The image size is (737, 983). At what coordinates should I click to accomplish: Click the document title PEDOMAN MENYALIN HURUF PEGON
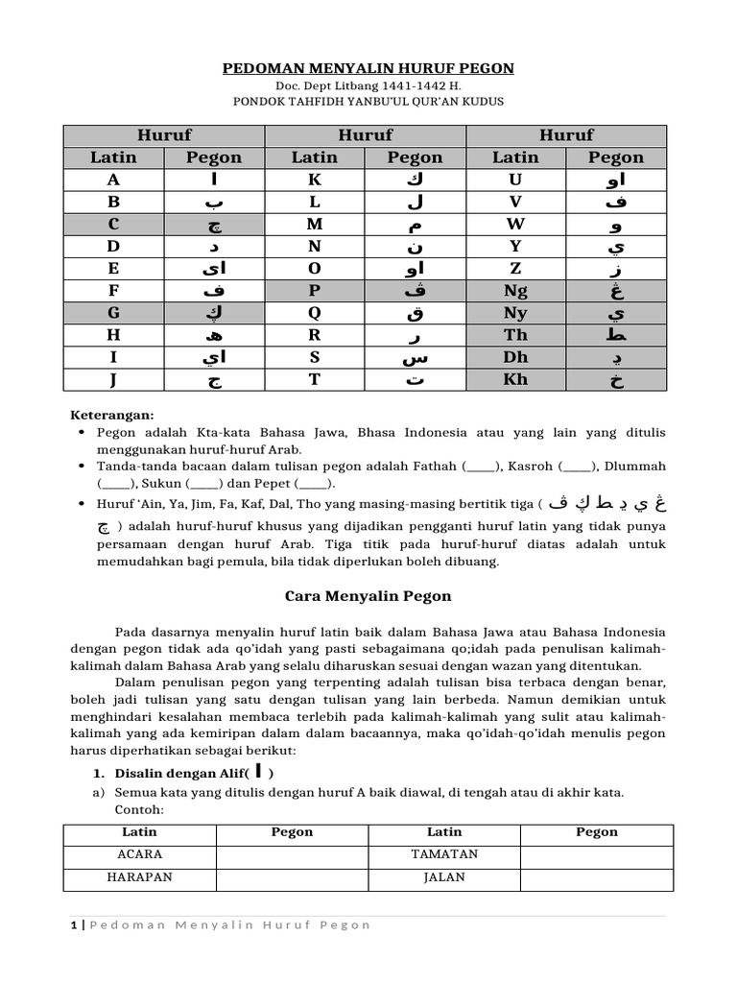tap(368, 68)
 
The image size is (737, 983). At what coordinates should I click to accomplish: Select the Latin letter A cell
tap(114, 180)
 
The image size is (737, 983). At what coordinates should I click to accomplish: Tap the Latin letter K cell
tap(315, 180)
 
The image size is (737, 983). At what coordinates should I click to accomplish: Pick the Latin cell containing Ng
tap(515, 290)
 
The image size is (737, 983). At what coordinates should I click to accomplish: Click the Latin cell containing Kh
tap(515, 378)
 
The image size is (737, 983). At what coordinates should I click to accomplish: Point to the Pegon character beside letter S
tap(415, 357)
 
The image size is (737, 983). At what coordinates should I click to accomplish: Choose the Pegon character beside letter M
tap(415, 225)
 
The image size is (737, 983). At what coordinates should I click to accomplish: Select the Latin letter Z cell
tap(515, 268)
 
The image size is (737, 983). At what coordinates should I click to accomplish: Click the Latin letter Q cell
tap(315, 312)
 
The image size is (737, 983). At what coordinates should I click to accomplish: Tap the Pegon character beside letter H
tap(214, 335)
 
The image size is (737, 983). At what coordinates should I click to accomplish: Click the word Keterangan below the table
tap(113, 415)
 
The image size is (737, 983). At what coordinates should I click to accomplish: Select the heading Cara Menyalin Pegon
tap(368, 596)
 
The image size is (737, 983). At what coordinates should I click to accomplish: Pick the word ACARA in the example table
tap(140, 853)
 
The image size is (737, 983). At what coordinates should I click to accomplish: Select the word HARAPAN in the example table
tap(140, 876)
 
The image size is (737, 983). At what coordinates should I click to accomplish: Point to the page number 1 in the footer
tap(74, 924)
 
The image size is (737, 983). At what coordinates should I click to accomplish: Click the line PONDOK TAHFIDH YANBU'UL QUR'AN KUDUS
tap(368, 101)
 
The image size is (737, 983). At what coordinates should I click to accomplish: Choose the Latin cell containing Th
tap(515, 334)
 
